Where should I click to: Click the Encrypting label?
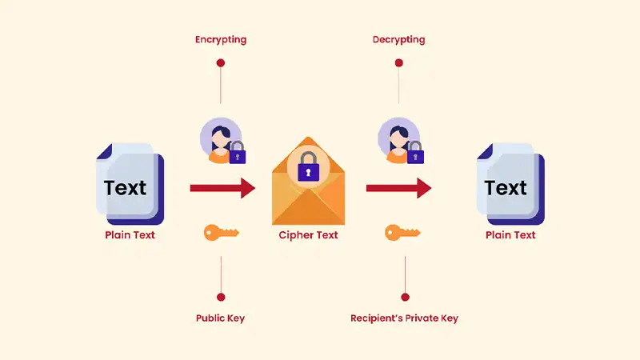(220, 39)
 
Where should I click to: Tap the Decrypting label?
(398, 39)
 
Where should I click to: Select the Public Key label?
(220, 318)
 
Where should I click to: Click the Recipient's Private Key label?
(404, 318)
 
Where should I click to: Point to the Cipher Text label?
(308, 235)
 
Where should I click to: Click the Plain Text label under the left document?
(130, 235)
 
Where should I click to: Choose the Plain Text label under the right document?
(510, 235)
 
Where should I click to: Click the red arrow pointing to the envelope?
(222, 189)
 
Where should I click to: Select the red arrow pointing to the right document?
(398, 189)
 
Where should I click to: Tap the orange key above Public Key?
(221, 233)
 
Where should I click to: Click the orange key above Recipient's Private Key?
(402, 233)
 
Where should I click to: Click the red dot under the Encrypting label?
(220, 62)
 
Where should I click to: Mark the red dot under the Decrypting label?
(398, 62)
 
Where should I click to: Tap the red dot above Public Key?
(220, 297)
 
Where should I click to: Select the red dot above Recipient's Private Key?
(404, 297)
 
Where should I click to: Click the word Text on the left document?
(125, 188)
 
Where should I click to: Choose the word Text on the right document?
(506, 188)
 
